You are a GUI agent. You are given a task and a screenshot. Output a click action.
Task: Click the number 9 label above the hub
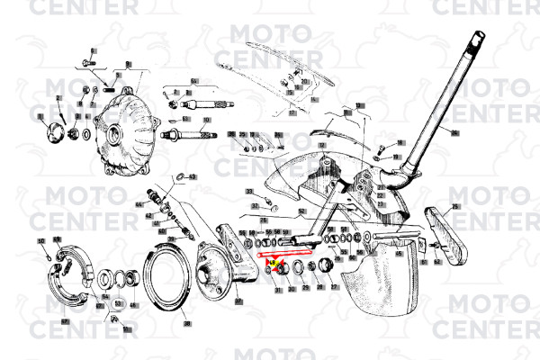tap(128, 64)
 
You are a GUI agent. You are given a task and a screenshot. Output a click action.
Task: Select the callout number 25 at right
tap(456, 206)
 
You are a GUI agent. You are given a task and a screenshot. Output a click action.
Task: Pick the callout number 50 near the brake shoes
tap(41, 241)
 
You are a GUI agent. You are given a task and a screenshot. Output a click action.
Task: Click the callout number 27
tap(335, 289)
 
